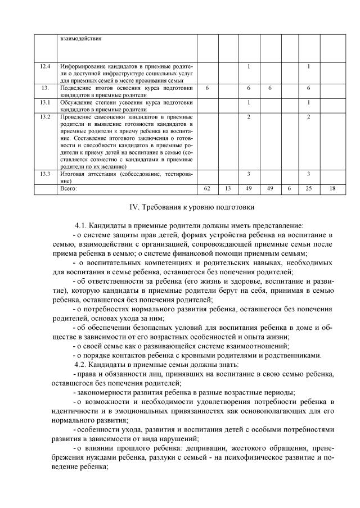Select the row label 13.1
click(46, 103)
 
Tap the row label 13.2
click(46, 117)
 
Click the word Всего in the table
click(68, 189)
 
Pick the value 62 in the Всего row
click(207, 189)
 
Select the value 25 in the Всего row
click(309, 189)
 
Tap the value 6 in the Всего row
click(289, 189)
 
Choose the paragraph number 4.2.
click(82, 364)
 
